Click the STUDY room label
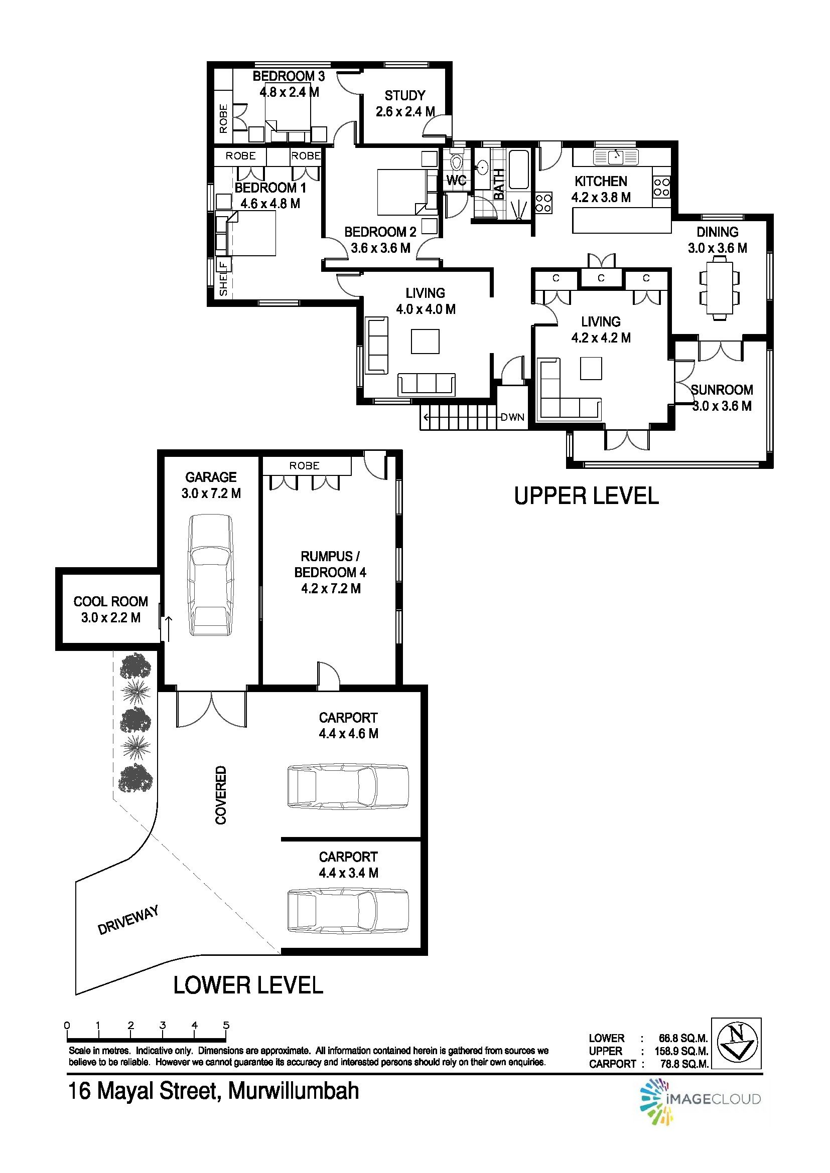(405, 96)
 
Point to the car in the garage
(210, 575)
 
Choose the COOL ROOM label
(111, 601)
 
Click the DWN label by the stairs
(512, 417)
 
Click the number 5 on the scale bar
(226, 1025)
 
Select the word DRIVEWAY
(129, 920)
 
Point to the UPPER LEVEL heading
(586, 495)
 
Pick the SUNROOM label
(722, 390)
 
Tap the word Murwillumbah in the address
(294, 1091)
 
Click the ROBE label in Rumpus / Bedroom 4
(304, 465)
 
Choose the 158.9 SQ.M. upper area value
(681, 1051)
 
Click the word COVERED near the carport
(220, 794)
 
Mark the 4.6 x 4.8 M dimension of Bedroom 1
(270, 203)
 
